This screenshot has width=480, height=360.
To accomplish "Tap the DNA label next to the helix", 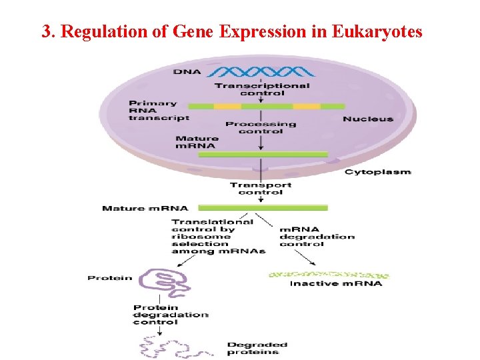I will tap(187, 71).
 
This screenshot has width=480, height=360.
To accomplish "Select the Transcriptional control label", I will tap(261, 89).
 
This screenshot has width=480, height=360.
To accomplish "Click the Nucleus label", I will tap(368, 119).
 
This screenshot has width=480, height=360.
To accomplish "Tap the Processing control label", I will tap(261, 127).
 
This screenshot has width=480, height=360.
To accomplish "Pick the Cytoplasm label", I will tap(377, 172).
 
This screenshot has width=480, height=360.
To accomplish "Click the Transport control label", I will tap(261, 189).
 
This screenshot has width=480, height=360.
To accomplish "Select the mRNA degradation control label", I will tap(317, 236).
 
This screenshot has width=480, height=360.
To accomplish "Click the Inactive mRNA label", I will tap(336, 283).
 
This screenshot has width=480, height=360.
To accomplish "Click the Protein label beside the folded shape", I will tap(110, 278).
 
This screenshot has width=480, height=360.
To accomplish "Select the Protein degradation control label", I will tap(171, 315).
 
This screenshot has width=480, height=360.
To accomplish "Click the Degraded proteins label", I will tap(257, 348).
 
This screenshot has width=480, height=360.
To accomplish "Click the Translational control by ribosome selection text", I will tap(213, 236).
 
